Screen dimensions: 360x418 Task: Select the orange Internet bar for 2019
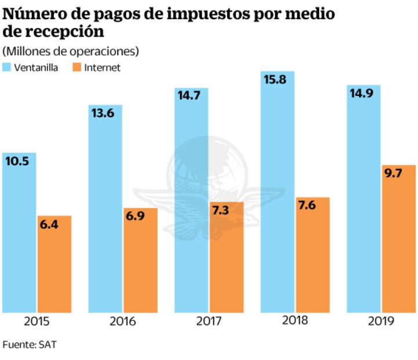click(399, 244)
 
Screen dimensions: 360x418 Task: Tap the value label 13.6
click(102, 113)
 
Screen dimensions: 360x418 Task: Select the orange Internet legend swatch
click(76, 67)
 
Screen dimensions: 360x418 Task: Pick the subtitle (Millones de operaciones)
click(71, 51)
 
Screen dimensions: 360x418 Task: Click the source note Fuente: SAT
click(30, 344)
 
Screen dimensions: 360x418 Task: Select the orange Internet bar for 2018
click(312, 255)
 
